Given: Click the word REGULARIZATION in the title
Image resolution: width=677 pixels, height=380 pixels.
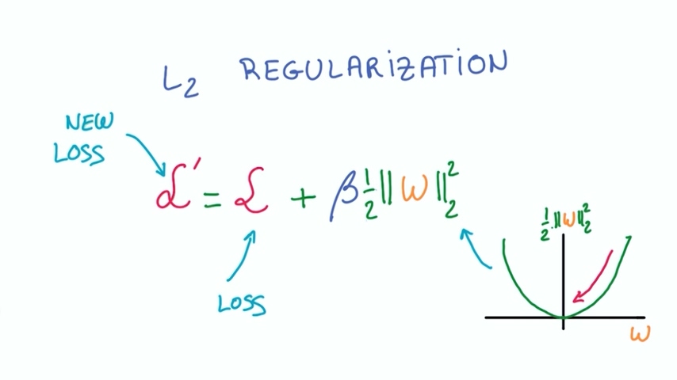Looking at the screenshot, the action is pyautogui.click(x=373, y=67).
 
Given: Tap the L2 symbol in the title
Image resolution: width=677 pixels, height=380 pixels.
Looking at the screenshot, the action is pyautogui.click(x=180, y=80).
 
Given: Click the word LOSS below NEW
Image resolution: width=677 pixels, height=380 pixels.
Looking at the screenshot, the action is pyautogui.click(x=79, y=152).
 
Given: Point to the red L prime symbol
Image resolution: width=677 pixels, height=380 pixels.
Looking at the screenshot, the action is pyautogui.click(x=173, y=193).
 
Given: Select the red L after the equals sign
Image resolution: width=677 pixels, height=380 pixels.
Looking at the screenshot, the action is pyautogui.click(x=251, y=195).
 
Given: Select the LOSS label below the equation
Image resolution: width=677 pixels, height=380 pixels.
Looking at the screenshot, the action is pyautogui.click(x=243, y=302).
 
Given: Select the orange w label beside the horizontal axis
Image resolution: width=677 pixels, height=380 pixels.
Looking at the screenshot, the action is pyautogui.click(x=640, y=333).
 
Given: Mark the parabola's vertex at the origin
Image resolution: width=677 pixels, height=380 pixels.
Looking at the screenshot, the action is pyautogui.click(x=564, y=317).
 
